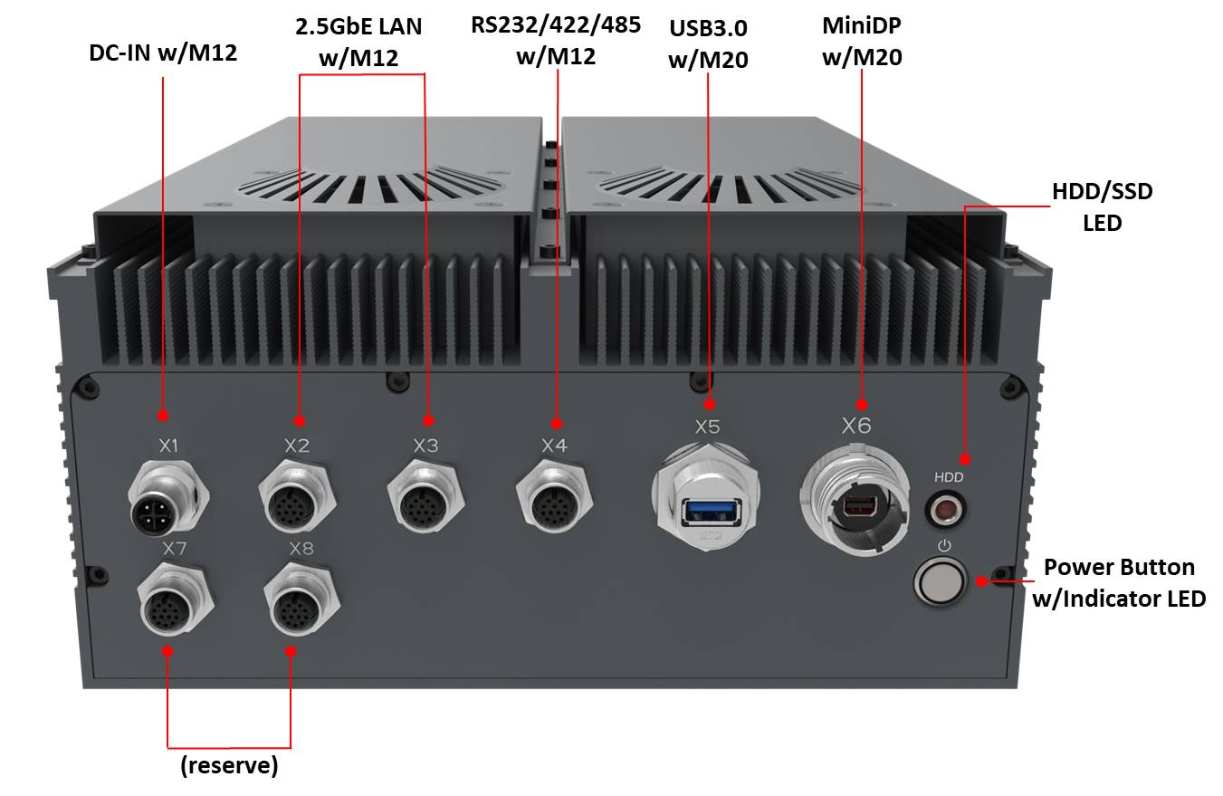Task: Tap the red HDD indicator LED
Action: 946,511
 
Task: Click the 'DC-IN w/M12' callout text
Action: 163,53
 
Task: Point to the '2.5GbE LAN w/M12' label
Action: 358,42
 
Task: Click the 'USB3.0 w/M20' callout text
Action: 708,43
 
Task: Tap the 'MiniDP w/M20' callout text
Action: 862,41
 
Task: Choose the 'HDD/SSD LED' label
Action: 1102,206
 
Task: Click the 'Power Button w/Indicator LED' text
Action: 1119,582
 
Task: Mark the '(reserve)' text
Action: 229,765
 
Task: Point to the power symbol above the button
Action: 944,545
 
